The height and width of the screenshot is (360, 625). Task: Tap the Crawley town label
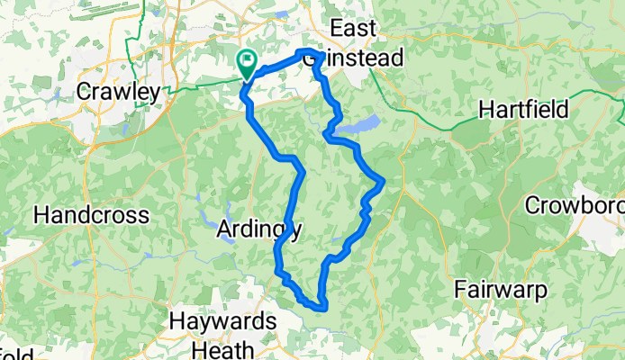click(x=118, y=92)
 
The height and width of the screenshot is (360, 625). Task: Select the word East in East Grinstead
click(x=352, y=29)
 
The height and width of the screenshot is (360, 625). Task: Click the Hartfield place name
click(x=523, y=110)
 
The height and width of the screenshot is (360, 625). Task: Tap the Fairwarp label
click(x=500, y=290)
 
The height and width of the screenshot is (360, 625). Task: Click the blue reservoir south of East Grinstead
click(x=367, y=123)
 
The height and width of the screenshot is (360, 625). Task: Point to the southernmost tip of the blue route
click(x=320, y=308)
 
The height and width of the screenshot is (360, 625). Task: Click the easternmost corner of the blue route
click(x=384, y=182)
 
